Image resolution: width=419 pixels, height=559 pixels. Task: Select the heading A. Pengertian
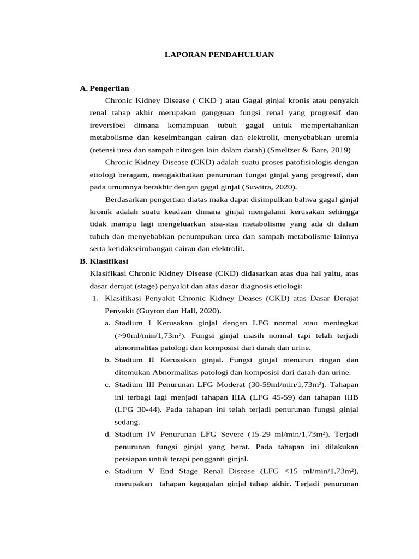coord(104,88)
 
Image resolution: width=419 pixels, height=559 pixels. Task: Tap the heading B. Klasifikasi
coord(104,261)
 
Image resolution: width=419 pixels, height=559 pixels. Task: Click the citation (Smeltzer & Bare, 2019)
coord(305,149)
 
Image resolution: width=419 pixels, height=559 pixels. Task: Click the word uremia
coord(345,136)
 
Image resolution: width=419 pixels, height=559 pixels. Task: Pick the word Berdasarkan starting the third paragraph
coord(126,199)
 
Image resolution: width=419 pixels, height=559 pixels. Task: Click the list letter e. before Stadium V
coord(107,471)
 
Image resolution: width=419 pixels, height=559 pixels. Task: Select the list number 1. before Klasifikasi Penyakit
coord(94,298)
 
